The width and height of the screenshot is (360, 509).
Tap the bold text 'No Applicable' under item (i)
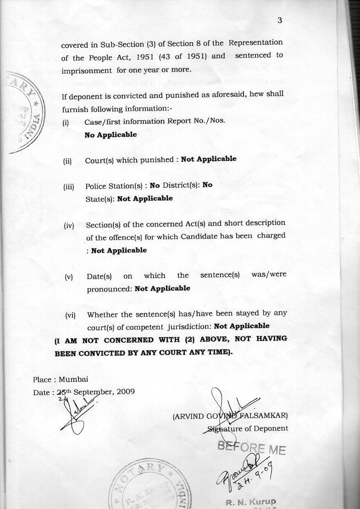click(111, 135)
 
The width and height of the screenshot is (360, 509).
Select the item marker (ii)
click(68, 161)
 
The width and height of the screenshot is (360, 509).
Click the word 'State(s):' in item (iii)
click(100, 199)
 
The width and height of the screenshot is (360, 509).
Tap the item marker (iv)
click(69, 226)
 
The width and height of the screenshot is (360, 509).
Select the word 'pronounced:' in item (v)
click(109, 289)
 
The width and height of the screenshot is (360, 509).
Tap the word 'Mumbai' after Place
click(73, 380)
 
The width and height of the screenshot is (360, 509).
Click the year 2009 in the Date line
click(126, 392)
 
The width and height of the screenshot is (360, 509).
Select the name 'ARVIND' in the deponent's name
click(188, 417)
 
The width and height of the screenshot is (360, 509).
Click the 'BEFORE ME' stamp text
click(251, 447)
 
